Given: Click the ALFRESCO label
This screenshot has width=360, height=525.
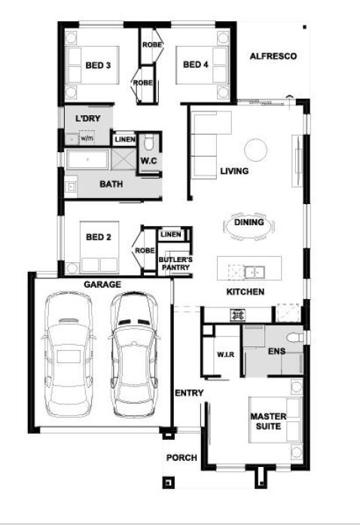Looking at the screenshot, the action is (x=273, y=56).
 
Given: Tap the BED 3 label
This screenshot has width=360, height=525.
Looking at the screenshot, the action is (x=98, y=65).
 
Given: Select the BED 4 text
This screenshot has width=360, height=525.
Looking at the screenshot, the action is (x=196, y=64).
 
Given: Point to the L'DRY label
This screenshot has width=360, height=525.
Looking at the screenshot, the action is (x=87, y=118).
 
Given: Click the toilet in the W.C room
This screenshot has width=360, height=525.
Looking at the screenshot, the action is (x=148, y=143).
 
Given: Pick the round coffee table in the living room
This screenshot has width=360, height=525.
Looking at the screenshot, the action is (x=256, y=149).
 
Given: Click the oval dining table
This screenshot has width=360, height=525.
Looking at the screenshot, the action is (x=249, y=226).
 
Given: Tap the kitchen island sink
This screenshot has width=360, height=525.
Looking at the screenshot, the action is (x=254, y=272).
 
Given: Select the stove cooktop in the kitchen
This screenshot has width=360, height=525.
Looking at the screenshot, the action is (x=237, y=315).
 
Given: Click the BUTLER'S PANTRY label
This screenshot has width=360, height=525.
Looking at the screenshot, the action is (x=175, y=264).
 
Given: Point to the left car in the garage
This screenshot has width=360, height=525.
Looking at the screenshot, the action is (x=69, y=354).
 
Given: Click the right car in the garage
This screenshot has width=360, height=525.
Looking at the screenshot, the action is (x=134, y=354).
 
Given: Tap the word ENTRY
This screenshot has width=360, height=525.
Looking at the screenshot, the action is (x=189, y=392).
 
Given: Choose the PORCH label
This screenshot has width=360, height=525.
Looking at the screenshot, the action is (x=182, y=457).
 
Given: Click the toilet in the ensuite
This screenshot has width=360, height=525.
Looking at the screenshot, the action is (x=295, y=337).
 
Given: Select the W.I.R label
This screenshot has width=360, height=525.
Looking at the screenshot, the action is (x=225, y=354).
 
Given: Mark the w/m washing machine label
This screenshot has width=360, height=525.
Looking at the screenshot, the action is (x=87, y=138).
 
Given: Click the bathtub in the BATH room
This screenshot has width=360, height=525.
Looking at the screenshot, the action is (x=87, y=160).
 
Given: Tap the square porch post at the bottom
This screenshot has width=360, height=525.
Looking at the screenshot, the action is (x=168, y=483).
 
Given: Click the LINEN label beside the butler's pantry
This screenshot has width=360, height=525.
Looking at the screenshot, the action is (x=171, y=234).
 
